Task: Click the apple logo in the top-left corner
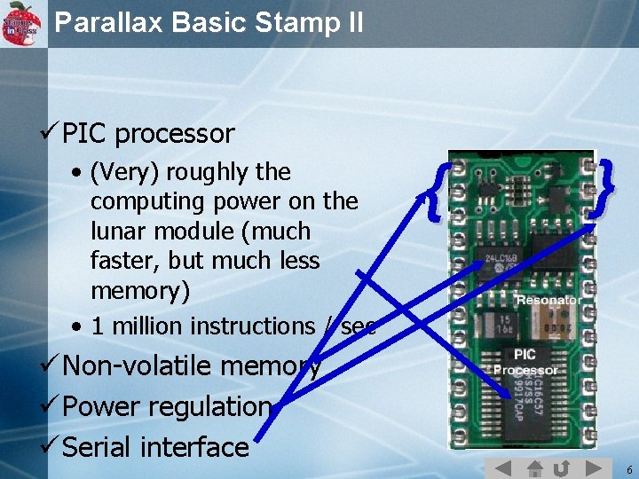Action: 22,23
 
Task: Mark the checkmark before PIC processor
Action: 50,134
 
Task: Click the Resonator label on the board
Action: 548,300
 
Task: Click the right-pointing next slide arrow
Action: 595,468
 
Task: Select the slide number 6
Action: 628,469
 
